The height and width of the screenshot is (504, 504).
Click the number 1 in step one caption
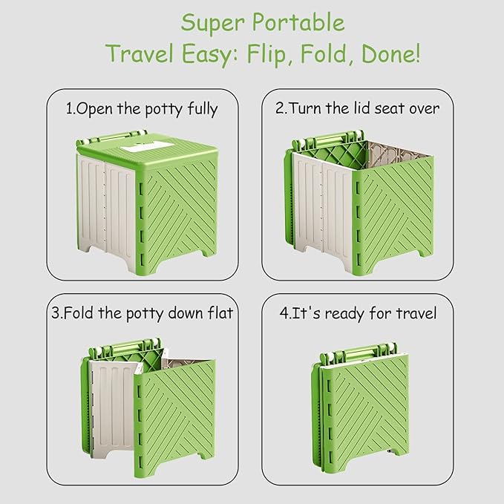69,109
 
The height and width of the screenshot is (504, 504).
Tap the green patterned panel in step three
176,419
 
